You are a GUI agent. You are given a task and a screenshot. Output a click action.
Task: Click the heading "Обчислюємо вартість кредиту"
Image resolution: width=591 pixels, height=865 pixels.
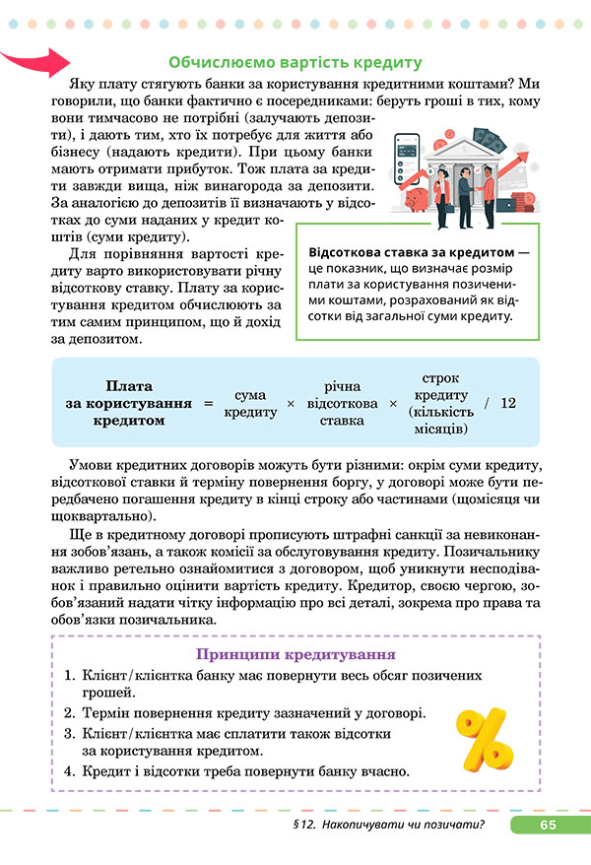[295, 61]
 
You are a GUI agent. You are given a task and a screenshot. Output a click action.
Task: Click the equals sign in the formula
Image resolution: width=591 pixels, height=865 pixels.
[208, 404]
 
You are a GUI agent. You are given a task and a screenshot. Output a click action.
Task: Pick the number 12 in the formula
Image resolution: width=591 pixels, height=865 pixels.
[507, 404]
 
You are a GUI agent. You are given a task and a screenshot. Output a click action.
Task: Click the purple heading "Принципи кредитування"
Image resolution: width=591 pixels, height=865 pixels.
[295, 654]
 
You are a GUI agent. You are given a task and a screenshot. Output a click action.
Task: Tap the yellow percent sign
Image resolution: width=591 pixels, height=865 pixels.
[485, 740]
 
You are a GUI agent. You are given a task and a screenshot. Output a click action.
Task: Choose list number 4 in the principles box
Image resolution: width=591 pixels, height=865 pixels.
[70, 772]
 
